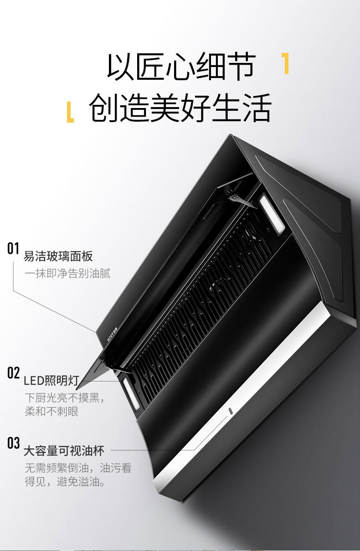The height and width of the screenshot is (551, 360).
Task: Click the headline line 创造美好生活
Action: (x=180, y=108)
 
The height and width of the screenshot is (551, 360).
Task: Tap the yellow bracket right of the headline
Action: (x=285, y=63)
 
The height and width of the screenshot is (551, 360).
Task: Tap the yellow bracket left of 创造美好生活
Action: (x=70, y=113)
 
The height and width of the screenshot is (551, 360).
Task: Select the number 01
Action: (x=13, y=248)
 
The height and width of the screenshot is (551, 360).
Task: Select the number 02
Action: (x=13, y=373)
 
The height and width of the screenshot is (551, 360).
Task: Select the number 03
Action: (x=13, y=443)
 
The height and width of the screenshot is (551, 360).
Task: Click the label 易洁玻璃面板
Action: (x=58, y=256)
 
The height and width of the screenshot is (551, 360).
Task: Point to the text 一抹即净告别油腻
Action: (x=67, y=273)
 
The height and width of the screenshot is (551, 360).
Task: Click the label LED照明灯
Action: (x=51, y=381)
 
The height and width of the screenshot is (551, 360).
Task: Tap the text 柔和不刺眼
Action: (x=51, y=412)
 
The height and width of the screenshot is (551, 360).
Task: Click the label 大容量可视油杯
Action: (x=64, y=451)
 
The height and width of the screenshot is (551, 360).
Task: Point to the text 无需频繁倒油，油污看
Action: (x=78, y=468)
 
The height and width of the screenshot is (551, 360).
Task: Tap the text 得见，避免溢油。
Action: (x=65, y=482)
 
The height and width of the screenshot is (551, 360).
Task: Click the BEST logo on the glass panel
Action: (x=113, y=334)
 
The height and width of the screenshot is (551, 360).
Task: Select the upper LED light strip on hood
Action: (x=272, y=213)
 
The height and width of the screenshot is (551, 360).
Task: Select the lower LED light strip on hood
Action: (x=131, y=394)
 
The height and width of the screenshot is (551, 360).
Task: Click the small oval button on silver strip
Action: (x=231, y=411)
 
